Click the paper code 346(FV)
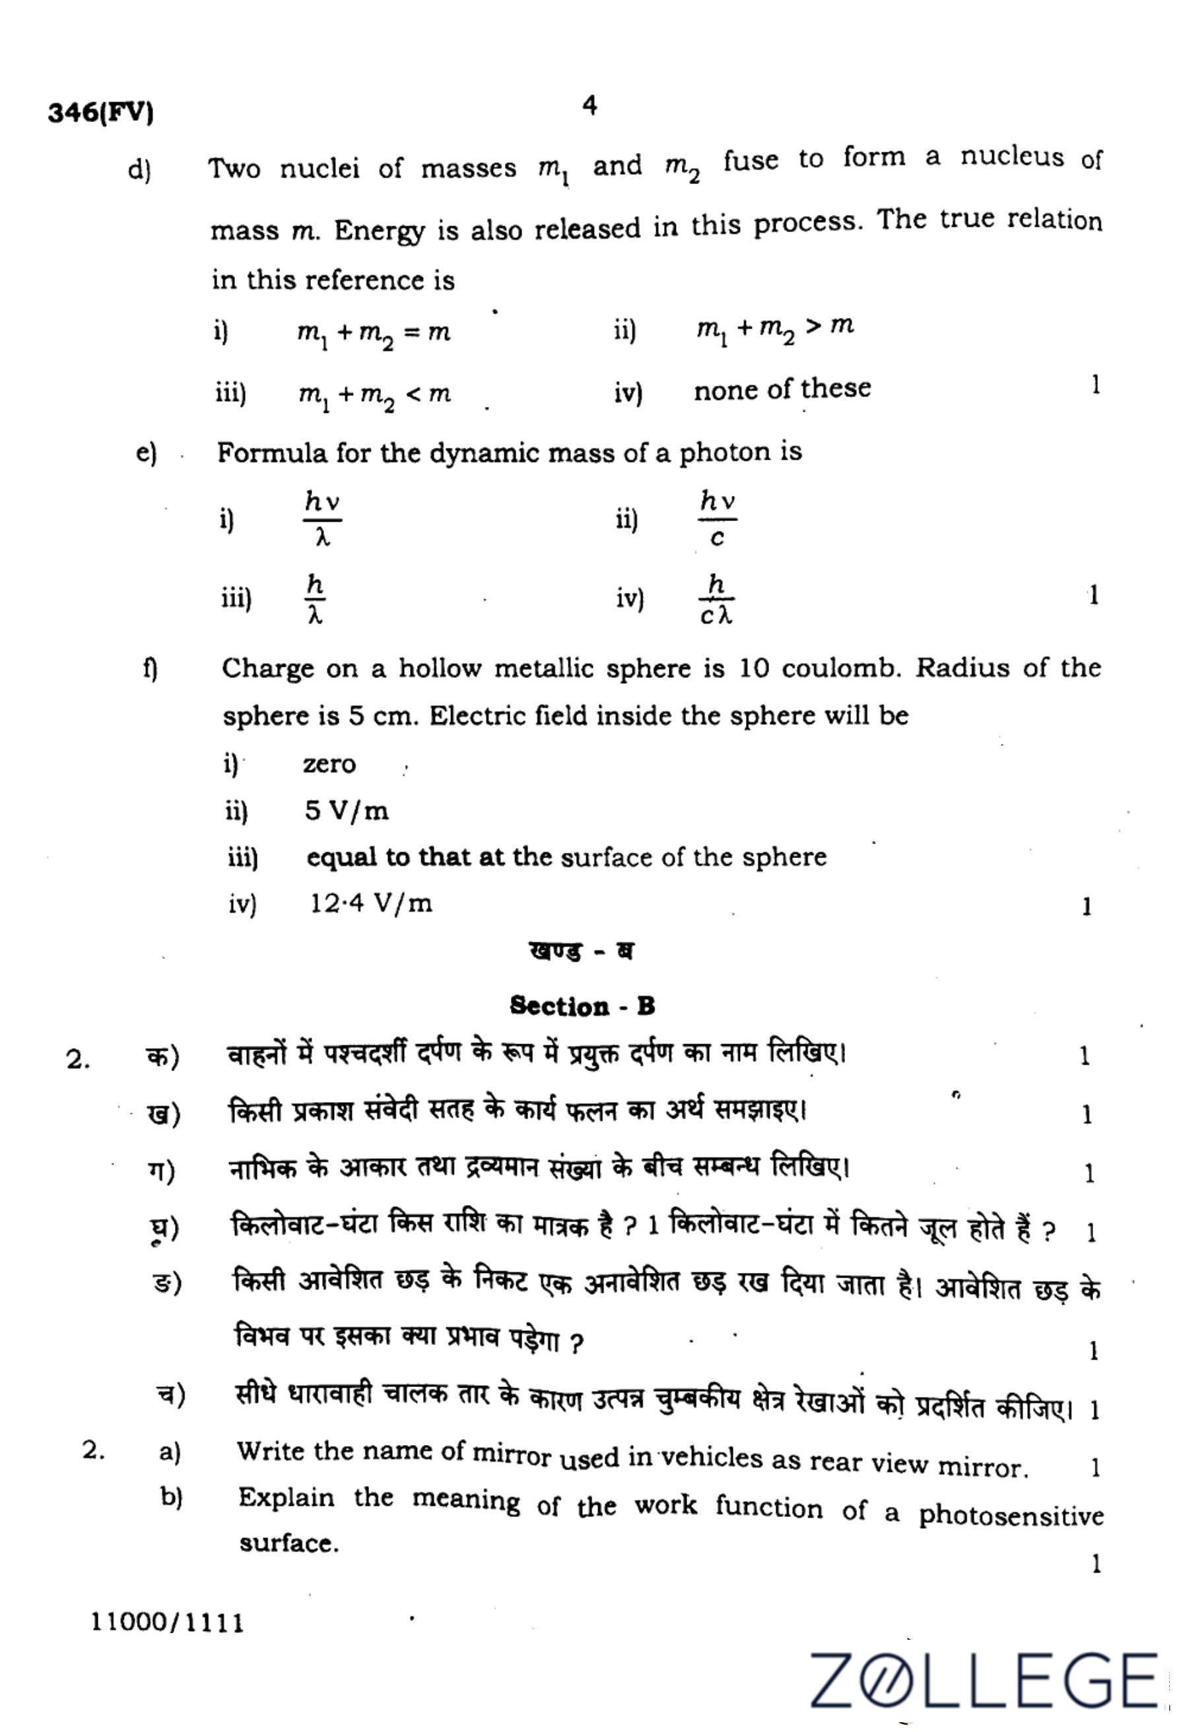[x=101, y=113]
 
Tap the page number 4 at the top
[x=589, y=107]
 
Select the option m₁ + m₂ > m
[x=775, y=328]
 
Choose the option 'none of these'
[x=782, y=389]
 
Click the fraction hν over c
[x=718, y=518]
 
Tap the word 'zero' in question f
[x=329, y=764]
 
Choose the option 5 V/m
[x=346, y=811]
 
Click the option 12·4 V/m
[x=370, y=904]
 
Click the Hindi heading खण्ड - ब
[x=582, y=952]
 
